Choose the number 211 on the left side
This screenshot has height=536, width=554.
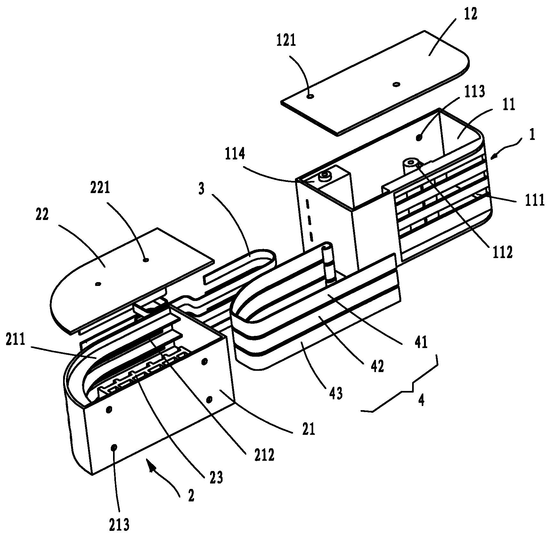tap(15, 339)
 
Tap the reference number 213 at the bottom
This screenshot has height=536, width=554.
tap(119, 524)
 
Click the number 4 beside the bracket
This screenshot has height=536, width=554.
tap(421, 400)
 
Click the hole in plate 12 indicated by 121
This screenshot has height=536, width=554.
tap(310, 96)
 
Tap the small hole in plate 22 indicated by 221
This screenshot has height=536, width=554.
tap(146, 260)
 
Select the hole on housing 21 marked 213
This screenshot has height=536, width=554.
tap(113, 447)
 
